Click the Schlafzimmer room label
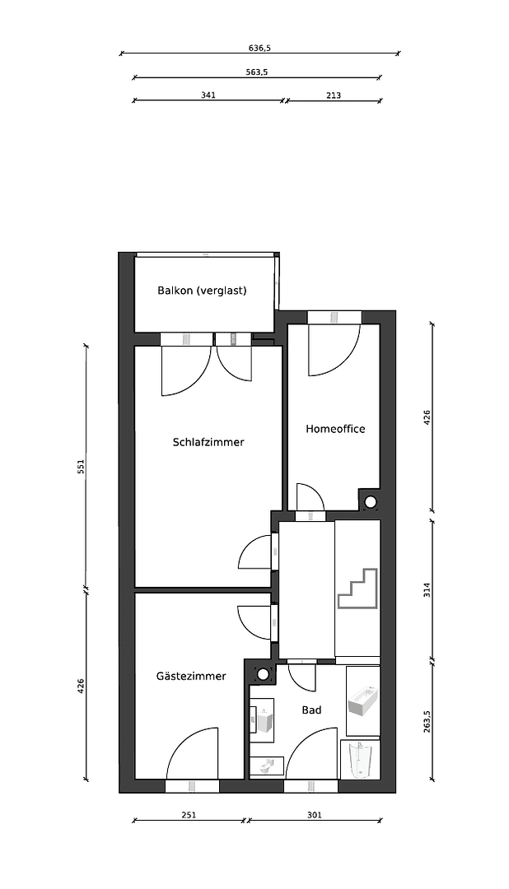[208, 442]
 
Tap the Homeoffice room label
[335, 429]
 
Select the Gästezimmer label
[191, 676]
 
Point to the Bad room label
[311, 710]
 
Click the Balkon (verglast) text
[202, 291]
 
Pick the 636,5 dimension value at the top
[260, 49]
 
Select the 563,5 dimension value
[256, 72]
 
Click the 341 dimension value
[208, 95]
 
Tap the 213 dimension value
[334, 95]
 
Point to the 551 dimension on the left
[81, 467]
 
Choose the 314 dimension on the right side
[427, 589]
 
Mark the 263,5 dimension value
[427, 722]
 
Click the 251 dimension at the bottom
[189, 815]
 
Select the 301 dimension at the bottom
[314, 815]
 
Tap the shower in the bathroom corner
[361, 759]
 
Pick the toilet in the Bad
[266, 766]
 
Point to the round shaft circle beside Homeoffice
[371, 501]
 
